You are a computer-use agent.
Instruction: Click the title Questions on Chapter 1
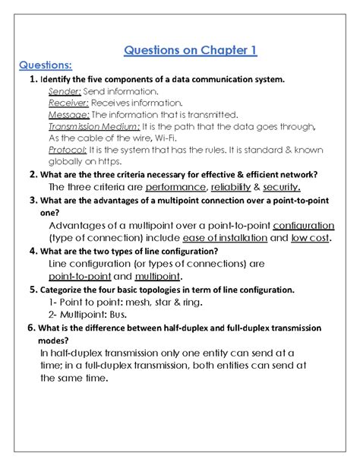191,51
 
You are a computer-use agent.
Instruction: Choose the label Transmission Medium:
93,127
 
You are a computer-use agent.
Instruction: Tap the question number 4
33,251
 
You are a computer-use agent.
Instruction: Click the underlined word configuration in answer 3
302,226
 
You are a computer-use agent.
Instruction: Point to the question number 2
33,174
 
